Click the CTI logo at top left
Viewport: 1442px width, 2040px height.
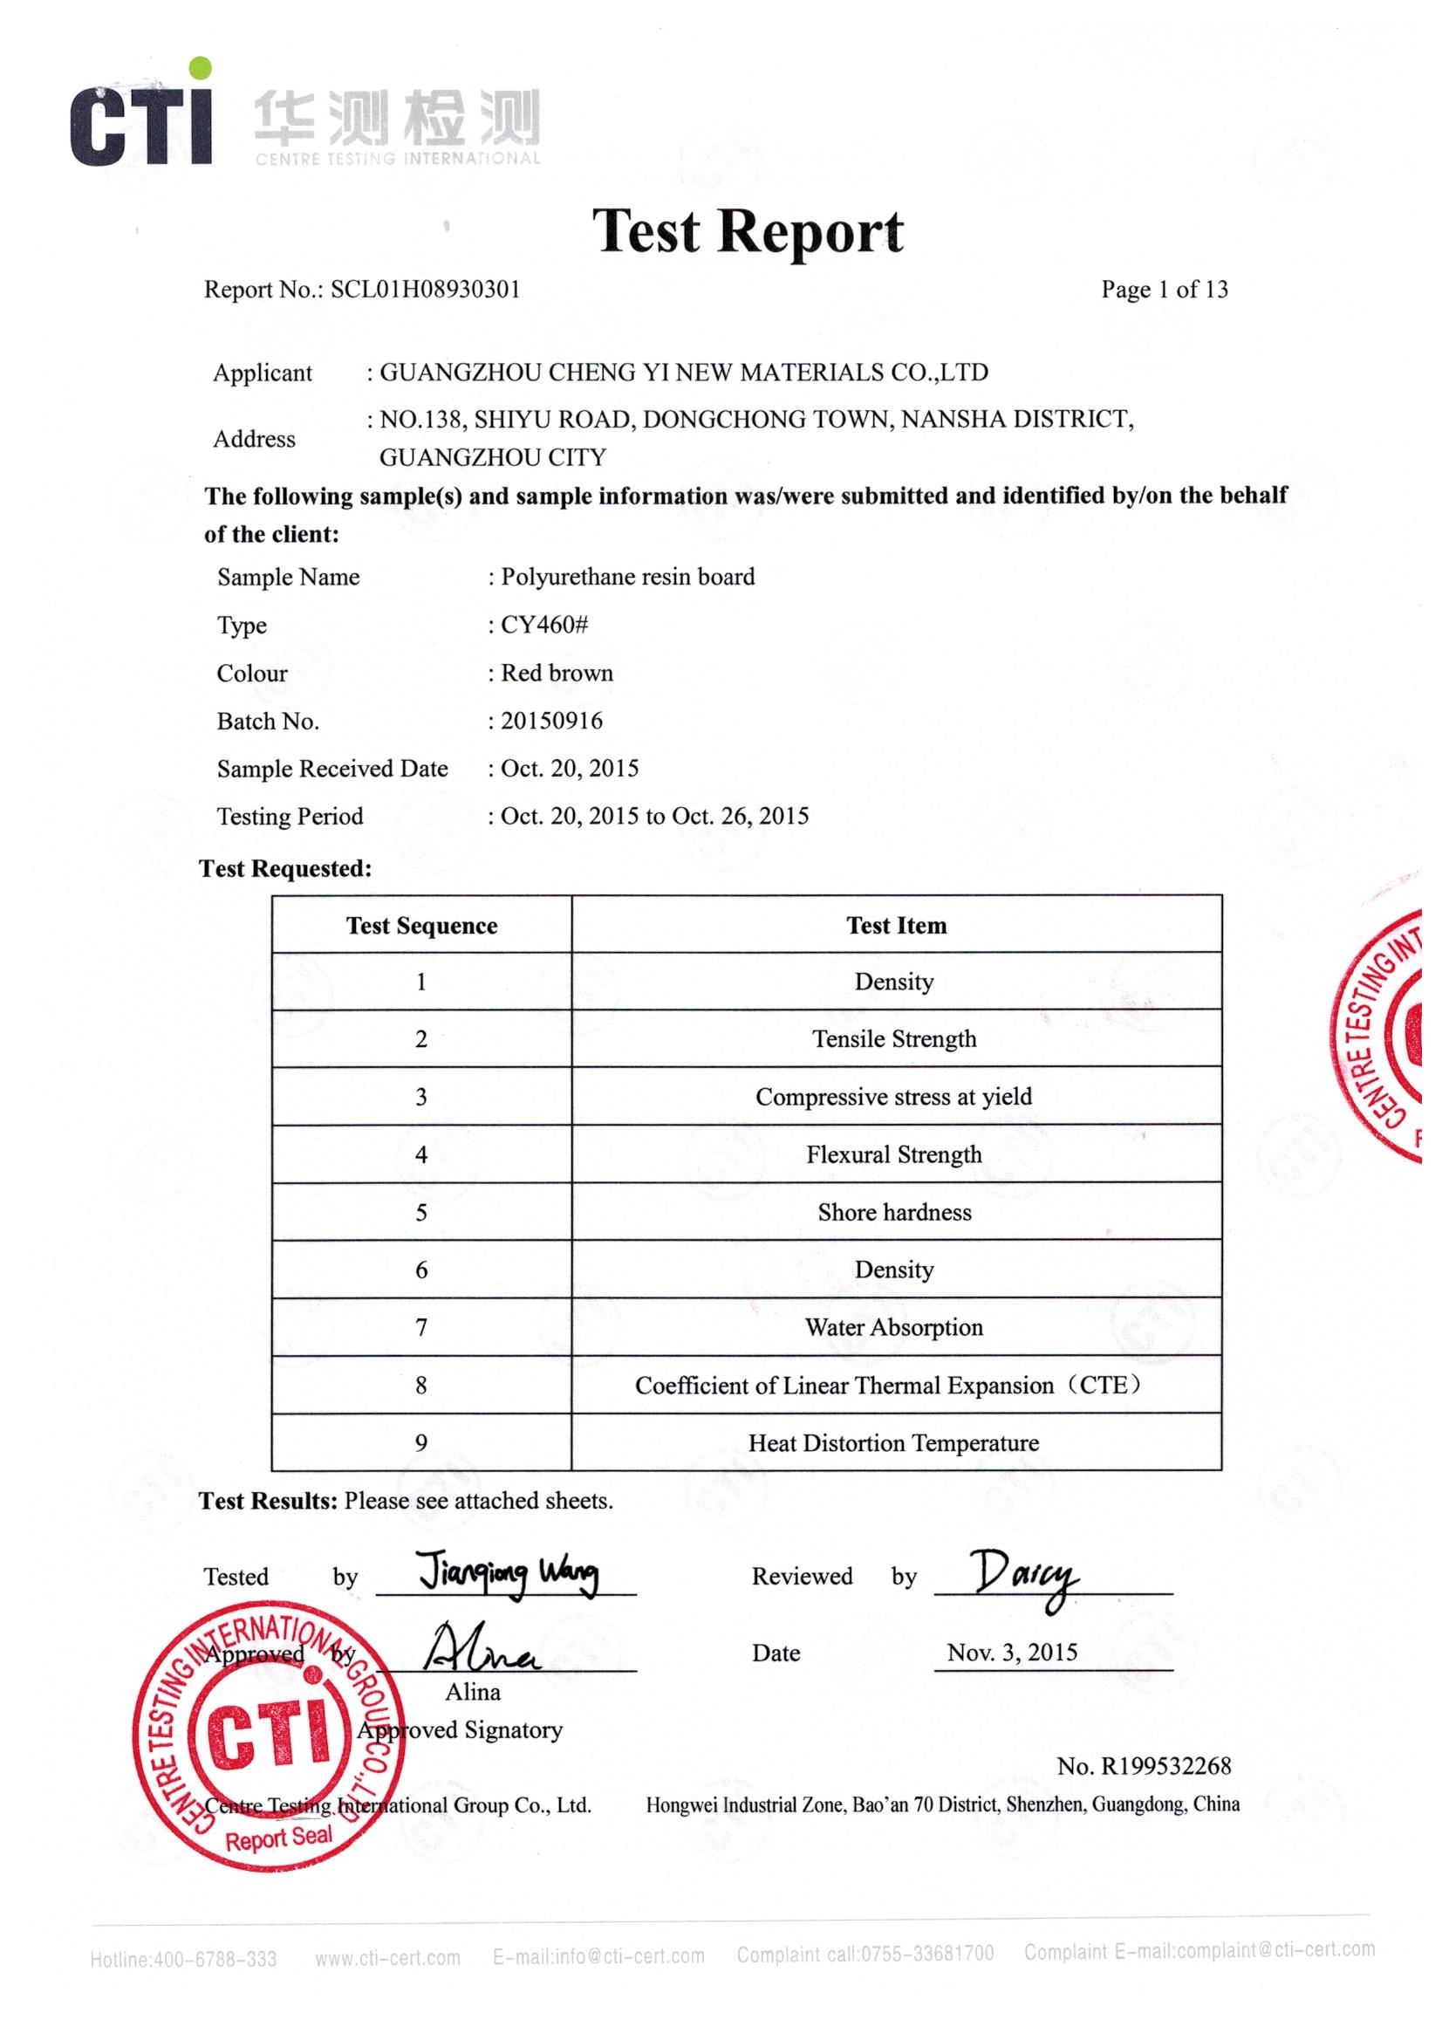pyautogui.click(x=142, y=115)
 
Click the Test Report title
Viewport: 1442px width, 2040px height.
pyautogui.click(x=748, y=231)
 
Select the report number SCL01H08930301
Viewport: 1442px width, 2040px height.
pyautogui.click(x=425, y=290)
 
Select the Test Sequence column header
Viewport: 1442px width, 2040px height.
pyautogui.click(x=421, y=926)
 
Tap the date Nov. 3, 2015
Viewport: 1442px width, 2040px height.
pyautogui.click(x=1012, y=1653)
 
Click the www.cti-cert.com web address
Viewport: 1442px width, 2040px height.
pyautogui.click(x=387, y=1957)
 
